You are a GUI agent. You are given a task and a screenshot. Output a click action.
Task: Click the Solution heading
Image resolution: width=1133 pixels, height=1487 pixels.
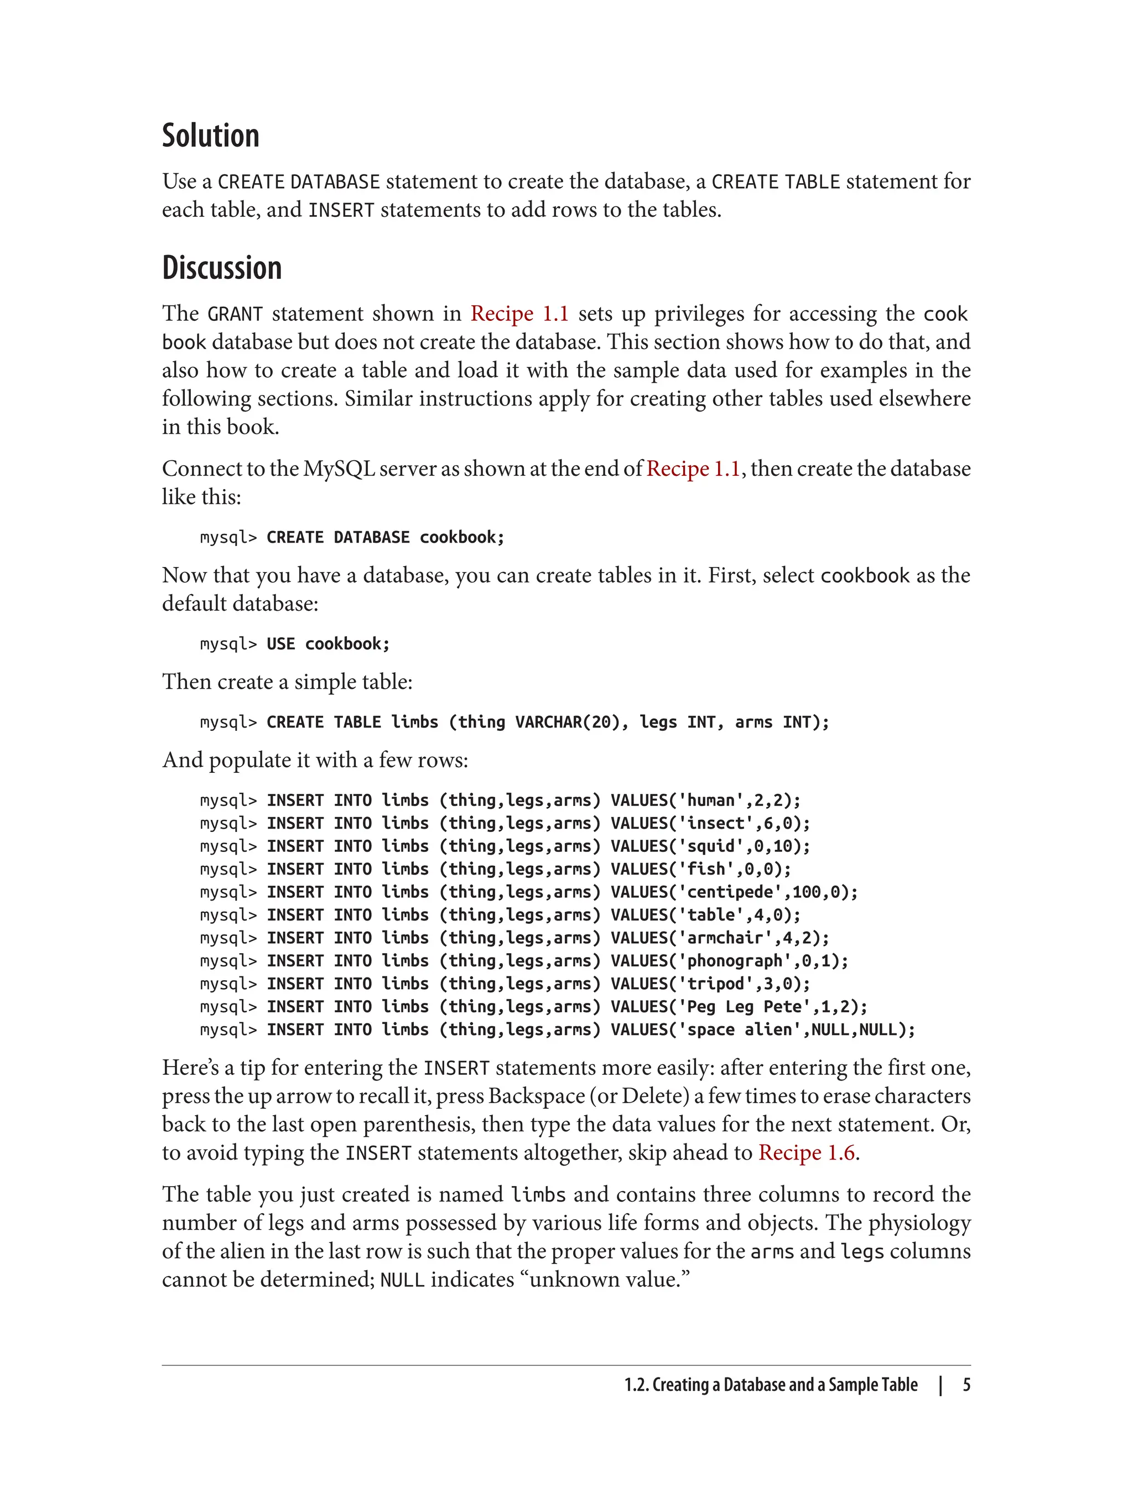pyautogui.click(x=210, y=136)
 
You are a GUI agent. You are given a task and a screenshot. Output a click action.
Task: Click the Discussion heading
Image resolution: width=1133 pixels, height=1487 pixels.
pyautogui.click(x=222, y=268)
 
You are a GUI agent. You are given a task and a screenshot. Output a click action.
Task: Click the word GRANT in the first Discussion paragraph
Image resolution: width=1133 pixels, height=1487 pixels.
pyautogui.click(x=235, y=314)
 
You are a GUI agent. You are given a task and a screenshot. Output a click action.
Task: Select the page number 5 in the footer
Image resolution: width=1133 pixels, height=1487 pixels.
pyautogui.click(x=966, y=1385)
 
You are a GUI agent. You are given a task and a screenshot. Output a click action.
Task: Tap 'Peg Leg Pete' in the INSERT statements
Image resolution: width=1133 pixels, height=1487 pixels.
pyautogui.click(x=749, y=1007)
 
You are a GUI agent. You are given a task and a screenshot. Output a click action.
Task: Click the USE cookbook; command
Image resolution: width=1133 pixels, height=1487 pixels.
pyautogui.click(x=328, y=644)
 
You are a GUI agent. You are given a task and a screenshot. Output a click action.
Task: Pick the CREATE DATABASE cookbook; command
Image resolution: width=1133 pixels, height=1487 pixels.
pyautogui.click(x=385, y=538)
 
